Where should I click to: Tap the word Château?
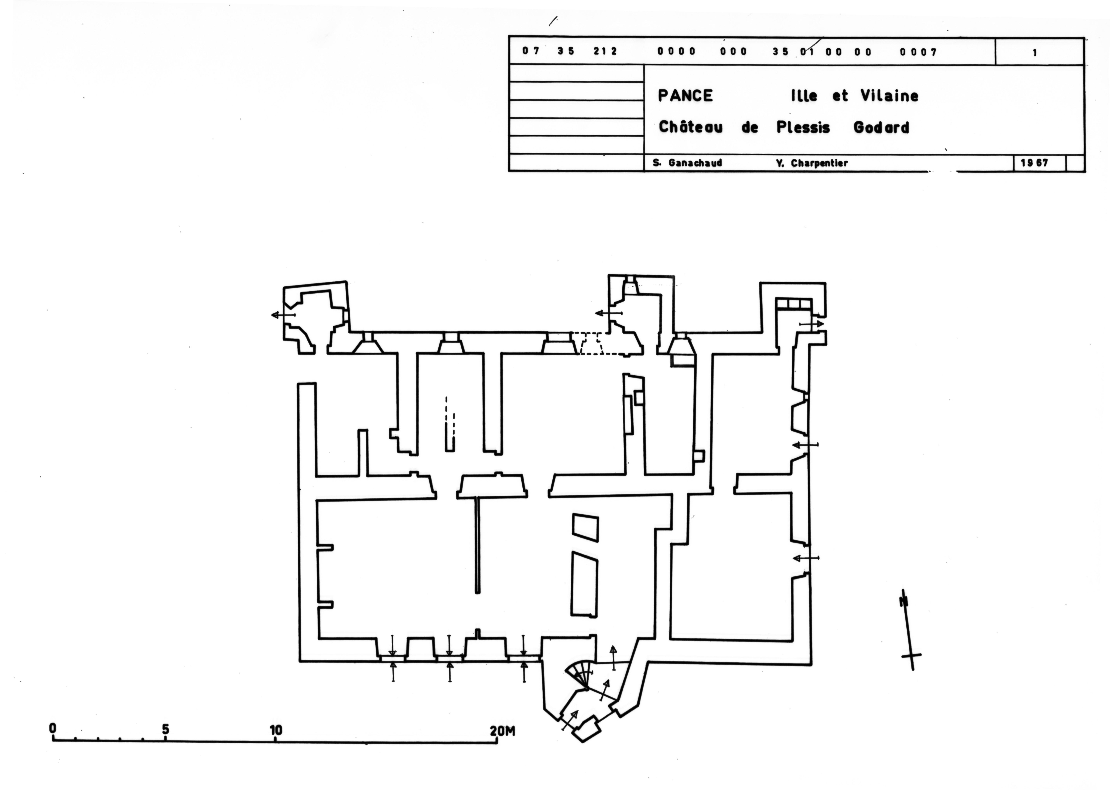(x=690, y=127)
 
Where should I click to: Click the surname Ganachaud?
(x=695, y=163)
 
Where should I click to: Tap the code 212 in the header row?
(x=605, y=51)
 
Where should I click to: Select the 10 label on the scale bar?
(x=276, y=730)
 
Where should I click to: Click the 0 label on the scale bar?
(x=52, y=728)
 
